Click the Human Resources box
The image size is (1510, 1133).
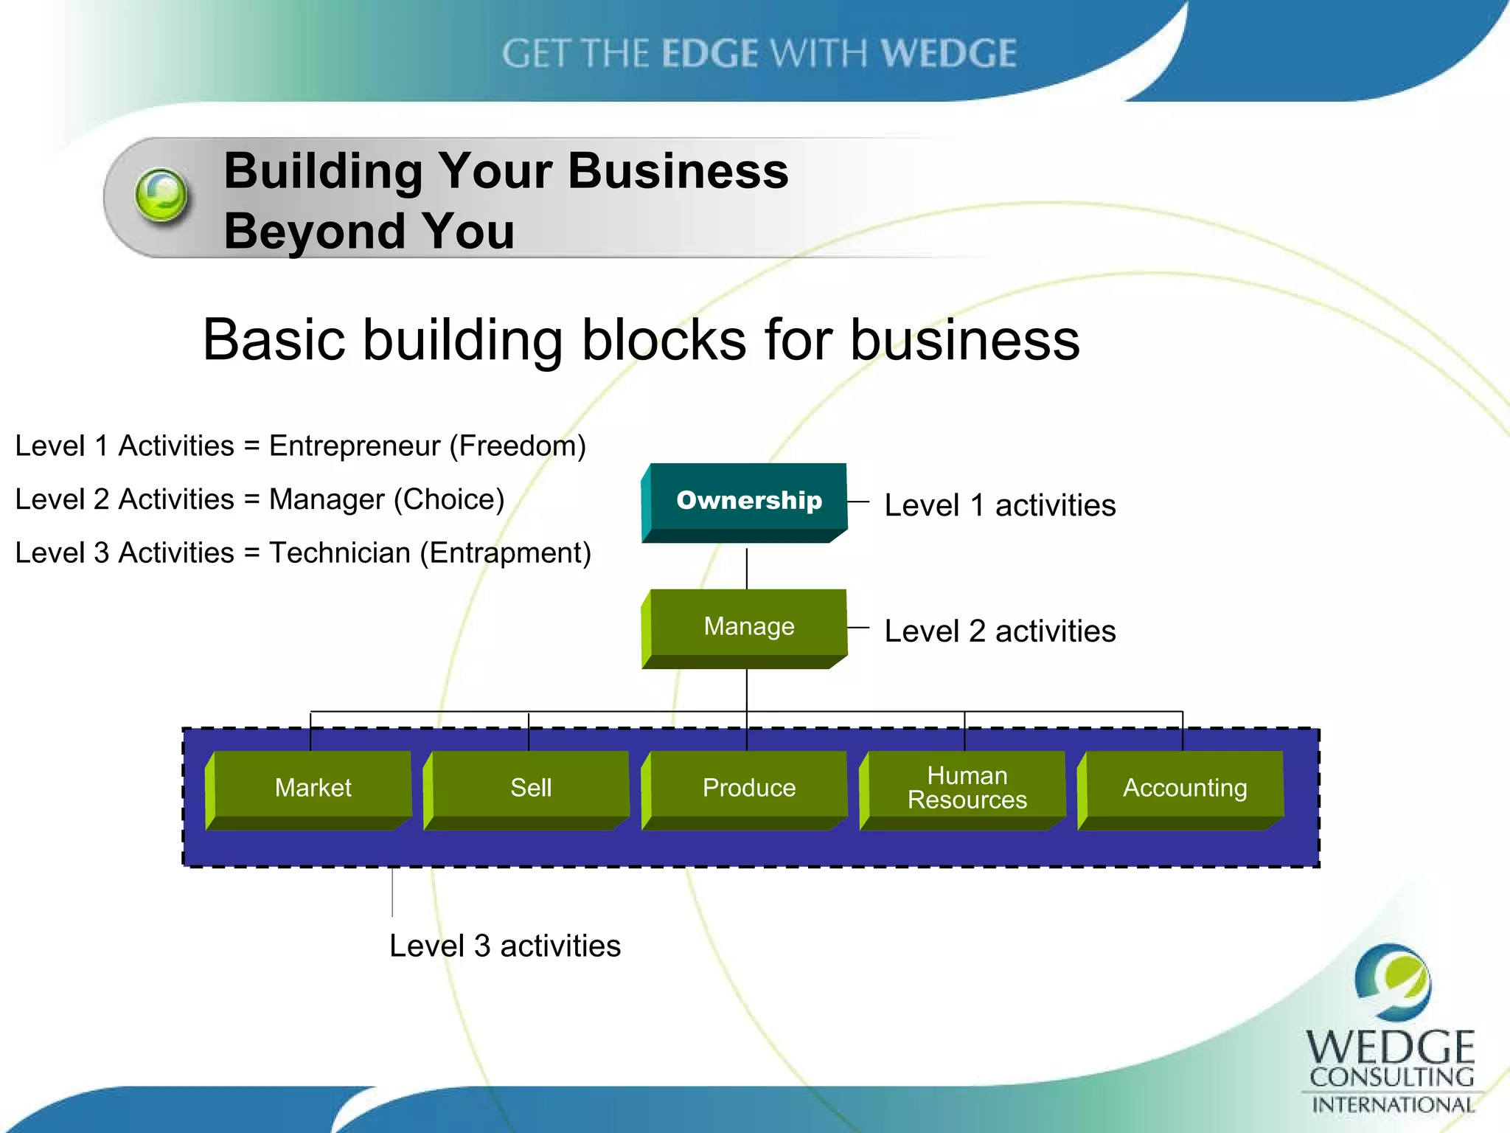(966, 788)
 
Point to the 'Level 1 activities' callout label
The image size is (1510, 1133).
(999, 506)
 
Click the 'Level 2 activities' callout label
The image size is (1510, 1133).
(999, 631)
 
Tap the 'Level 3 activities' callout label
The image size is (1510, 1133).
(505, 946)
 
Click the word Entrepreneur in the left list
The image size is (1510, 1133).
(355, 446)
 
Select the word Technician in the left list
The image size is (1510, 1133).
(340, 552)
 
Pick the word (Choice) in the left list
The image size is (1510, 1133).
(449, 499)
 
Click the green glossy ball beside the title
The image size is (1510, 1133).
(161, 195)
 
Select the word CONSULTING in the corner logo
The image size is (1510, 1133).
(1391, 1077)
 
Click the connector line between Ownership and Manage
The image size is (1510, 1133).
(747, 568)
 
